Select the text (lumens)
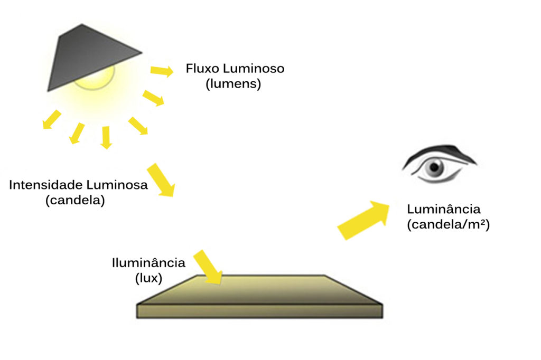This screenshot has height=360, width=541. [x=234, y=84]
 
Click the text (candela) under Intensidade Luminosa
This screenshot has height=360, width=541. [x=75, y=201]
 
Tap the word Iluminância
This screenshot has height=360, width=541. [x=148, y=263]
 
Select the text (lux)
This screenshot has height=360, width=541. [x=148, y=277]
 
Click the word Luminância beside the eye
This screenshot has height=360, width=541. [x=444, y=210]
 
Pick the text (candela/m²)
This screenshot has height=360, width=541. [x=449, y=224]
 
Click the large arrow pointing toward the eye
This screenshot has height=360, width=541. [x=363, y=219]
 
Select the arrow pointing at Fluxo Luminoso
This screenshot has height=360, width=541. [x=162, y=71]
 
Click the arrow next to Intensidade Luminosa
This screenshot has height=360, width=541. [x=161, y=180]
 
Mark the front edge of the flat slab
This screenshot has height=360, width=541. [x=259, y=311]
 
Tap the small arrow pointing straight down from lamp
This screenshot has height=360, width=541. [x=106, y=137]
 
